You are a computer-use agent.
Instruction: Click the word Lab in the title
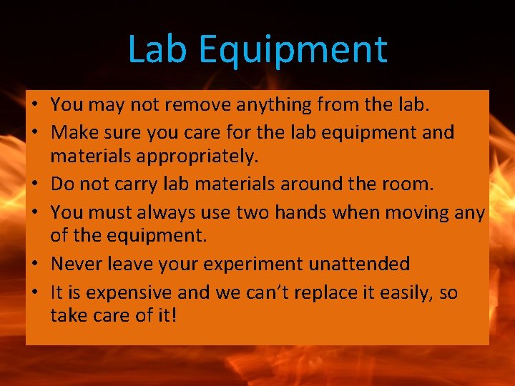pos(158,49)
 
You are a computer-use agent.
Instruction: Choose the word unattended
pos(359,264)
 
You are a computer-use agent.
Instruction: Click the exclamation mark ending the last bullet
pos(172,315)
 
